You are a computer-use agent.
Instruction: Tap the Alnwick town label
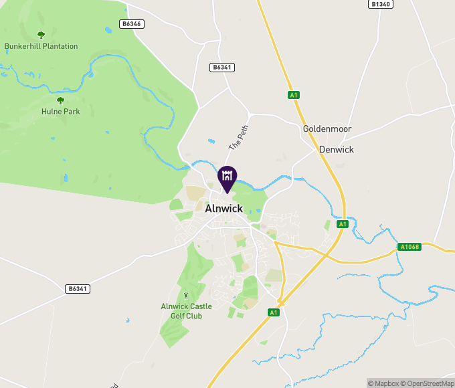point(224,208)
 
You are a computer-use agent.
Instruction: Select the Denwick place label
point(337,150)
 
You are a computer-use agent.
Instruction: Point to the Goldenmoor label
point(327,128)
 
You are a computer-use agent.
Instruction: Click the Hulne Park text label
point(60,112)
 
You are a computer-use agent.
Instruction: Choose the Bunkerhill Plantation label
point(41,46)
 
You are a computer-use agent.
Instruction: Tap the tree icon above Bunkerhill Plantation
point(41,35)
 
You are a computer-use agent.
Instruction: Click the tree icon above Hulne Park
point(60,100)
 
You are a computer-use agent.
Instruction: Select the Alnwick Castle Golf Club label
point(186,311)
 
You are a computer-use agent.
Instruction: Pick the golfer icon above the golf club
point(185,295)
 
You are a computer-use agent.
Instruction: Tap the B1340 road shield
point(379,4)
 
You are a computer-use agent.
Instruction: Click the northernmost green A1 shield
point(293,95)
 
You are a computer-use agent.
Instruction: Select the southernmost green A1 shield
point(273,312)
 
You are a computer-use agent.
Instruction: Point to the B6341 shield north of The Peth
point(221,67)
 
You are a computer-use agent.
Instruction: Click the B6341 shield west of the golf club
point(78,289)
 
